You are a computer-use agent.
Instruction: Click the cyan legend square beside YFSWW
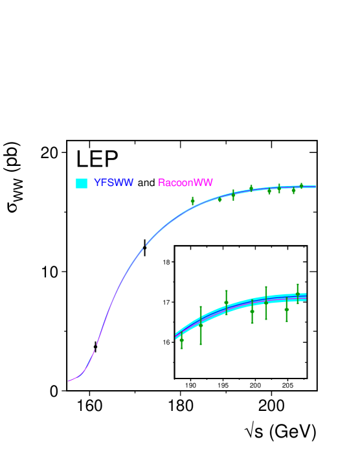tap(82, 183)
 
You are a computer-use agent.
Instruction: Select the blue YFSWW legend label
tap(114, 183)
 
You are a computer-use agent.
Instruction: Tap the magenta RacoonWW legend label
tap(185, 183)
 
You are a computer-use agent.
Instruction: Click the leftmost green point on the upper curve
tap(192, 201)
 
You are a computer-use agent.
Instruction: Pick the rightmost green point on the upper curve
tap(301, 186)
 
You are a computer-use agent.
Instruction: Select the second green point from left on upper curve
tap(219, 199)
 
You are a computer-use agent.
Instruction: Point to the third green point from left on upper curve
tap(233, 194)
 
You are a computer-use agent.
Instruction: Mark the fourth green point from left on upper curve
tap(251, 189)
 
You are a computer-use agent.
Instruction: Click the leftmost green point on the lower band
tap(181, 340)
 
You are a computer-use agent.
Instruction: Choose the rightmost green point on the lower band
tap(298, 294)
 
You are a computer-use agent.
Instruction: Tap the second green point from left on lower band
tap(201, 325)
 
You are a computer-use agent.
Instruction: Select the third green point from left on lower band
tap(226, 303)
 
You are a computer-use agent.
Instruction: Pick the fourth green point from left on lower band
tap(252, 311)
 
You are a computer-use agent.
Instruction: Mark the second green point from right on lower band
tap(286, 309)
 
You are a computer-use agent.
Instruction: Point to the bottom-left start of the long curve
tap(69, 381)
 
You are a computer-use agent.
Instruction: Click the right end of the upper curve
tap(315, 187)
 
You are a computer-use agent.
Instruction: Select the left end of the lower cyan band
tap(176, 336)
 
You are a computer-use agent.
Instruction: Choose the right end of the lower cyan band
tap(306, 297)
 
